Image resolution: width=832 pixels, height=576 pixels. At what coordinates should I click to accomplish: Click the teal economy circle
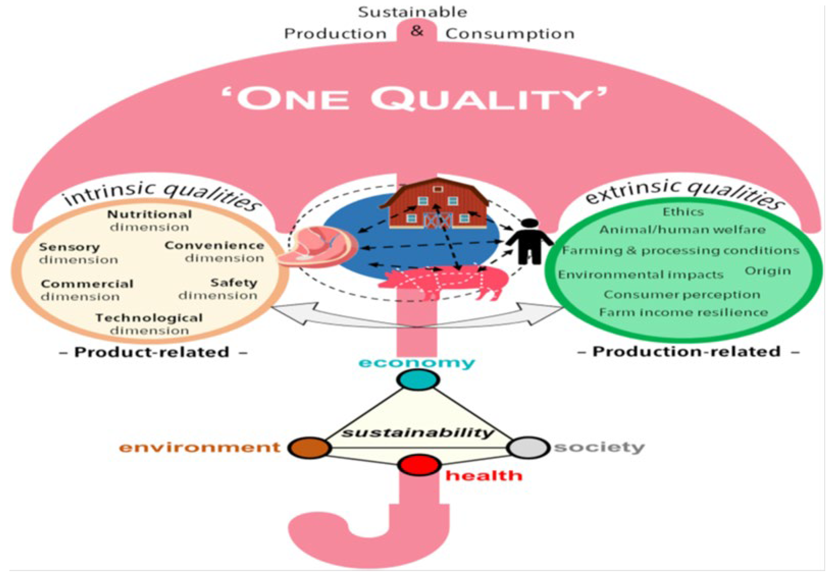(x=418, y=380)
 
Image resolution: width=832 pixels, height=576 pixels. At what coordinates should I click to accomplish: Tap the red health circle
(x=419, y=465)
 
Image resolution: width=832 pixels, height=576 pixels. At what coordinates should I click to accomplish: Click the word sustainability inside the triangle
(x=417, y=432)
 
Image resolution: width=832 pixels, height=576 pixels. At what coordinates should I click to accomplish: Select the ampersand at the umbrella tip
(x=417, y=31)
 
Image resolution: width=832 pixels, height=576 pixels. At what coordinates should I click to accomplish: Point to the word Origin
(x=768, y=271)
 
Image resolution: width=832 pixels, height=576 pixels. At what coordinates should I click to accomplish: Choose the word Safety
(x=234, y=283)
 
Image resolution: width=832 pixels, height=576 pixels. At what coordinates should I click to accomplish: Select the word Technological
(x=149, y=318)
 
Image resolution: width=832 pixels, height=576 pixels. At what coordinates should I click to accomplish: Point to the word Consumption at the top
(x=509, y=34)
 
